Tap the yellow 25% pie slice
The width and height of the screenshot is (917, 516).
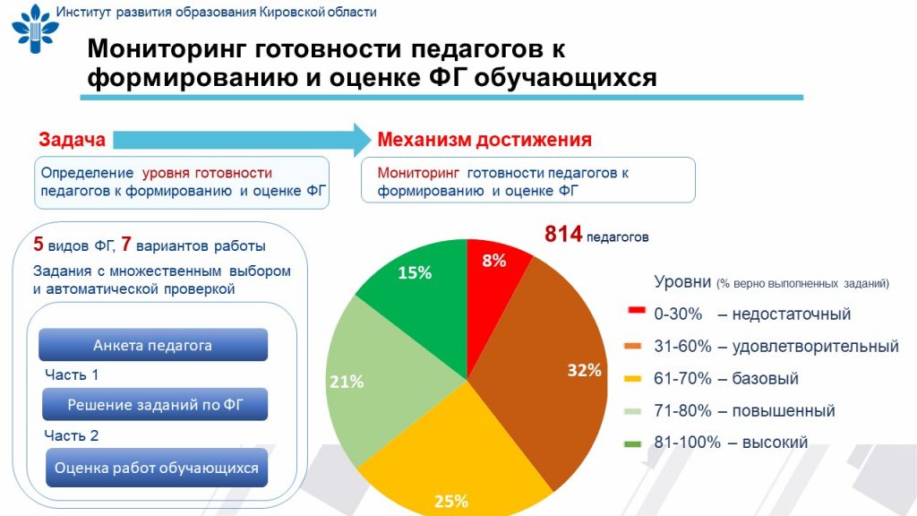click(x=456, y=462)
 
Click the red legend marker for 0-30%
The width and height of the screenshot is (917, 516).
click(x=636, y=310)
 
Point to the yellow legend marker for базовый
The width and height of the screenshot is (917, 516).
click(x=633, y=379)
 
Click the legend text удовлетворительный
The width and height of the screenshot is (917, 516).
click(x=815, y=347)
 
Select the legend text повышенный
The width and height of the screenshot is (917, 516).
click(x=784, y=410)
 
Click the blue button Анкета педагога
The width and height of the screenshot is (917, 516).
click(x=153, y=345)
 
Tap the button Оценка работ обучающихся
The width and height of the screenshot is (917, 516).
click(x=157, y=468)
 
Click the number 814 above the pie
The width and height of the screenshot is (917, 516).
click(x=563, y=234)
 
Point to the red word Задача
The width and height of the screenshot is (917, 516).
click(x=72, y=140)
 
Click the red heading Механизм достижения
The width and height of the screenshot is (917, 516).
click(x=484, y=140)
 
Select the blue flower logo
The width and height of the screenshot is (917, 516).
click(x=35, y=29)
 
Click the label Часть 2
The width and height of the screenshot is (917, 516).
click(x=72, y=436)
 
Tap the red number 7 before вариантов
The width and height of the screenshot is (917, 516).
click(x=125, y=244)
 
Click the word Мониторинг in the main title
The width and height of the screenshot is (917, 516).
click(x=166, y=50)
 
